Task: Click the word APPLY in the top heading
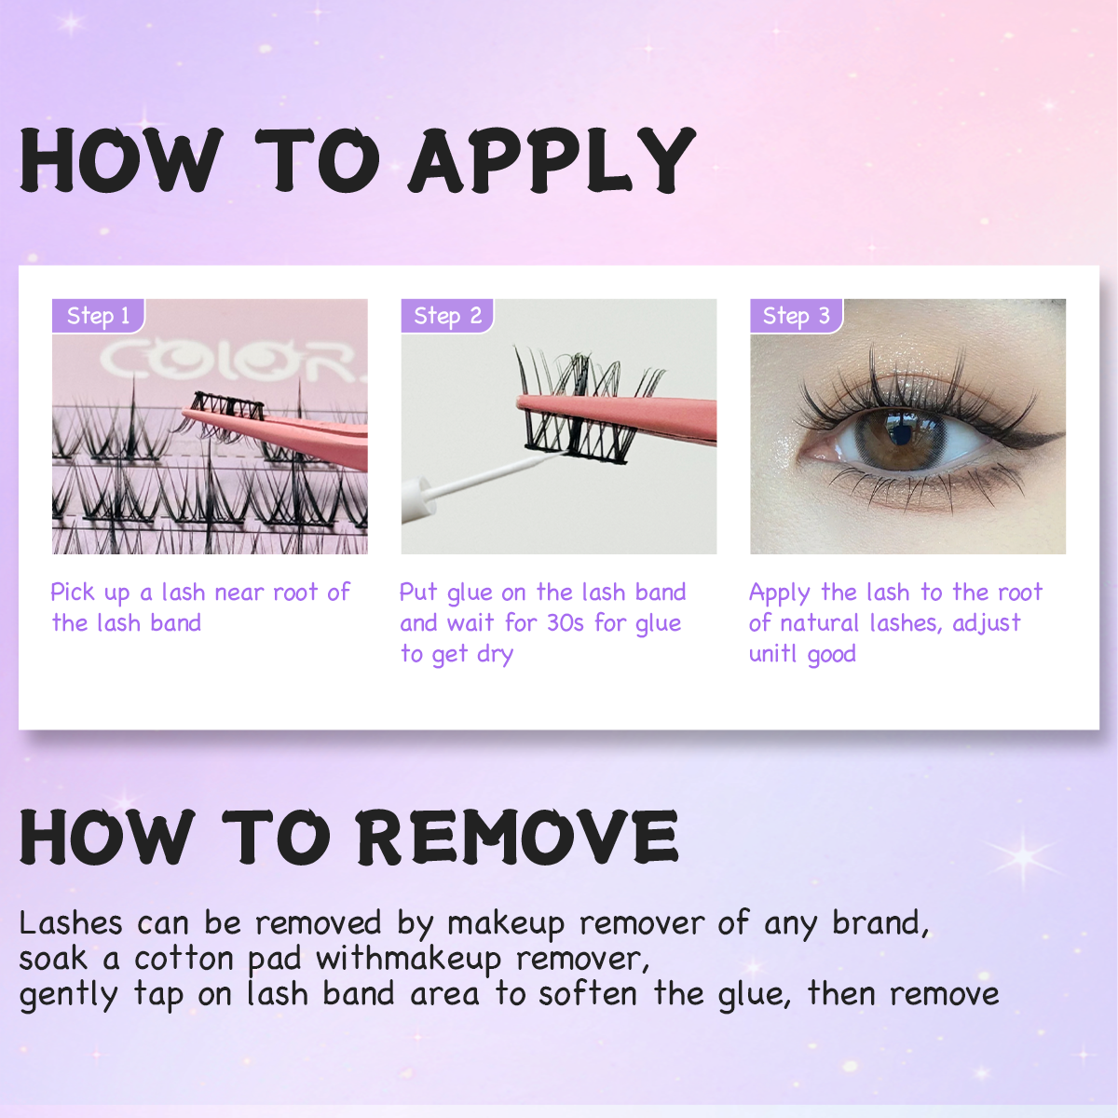552,160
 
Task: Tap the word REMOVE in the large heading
517,836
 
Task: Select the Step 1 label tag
98,316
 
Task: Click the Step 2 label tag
447,316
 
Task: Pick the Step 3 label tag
796,316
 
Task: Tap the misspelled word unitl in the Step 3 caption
772,654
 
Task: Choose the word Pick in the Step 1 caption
73,593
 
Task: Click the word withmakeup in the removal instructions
408,959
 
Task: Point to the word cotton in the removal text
184,959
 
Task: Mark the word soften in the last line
588,994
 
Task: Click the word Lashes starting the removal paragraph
71,922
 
